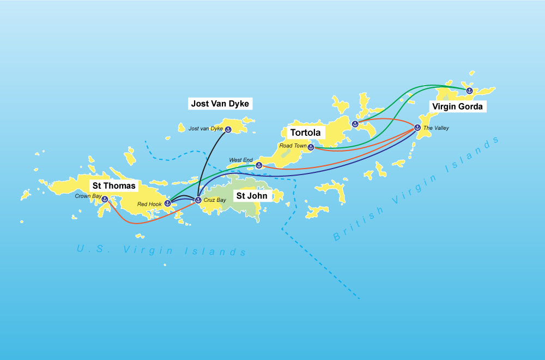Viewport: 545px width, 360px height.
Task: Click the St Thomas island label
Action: (113, 186)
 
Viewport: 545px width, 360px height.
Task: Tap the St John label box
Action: (251, 195)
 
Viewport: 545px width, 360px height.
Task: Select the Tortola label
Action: (305, 133)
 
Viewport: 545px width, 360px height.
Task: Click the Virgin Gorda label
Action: (456, 106)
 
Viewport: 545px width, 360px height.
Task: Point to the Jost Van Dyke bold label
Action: (221, 103)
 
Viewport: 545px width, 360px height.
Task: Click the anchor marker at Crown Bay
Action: (105, 199)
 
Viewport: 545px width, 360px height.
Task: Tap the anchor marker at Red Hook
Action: (168, 203)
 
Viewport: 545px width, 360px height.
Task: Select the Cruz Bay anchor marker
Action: (198, 200)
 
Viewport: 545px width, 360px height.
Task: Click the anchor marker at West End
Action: (259, 165)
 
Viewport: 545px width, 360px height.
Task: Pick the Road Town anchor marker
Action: (310, 147)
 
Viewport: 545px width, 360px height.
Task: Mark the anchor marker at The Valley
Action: (417, 128)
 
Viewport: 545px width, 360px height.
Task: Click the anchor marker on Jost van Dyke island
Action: (228, 129)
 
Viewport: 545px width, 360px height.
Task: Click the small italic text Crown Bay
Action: (87, 195)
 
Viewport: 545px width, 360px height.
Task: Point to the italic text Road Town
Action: (293, 146)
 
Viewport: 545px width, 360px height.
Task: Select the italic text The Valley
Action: (437, 128)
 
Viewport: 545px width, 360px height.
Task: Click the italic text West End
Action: (241, 160)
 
